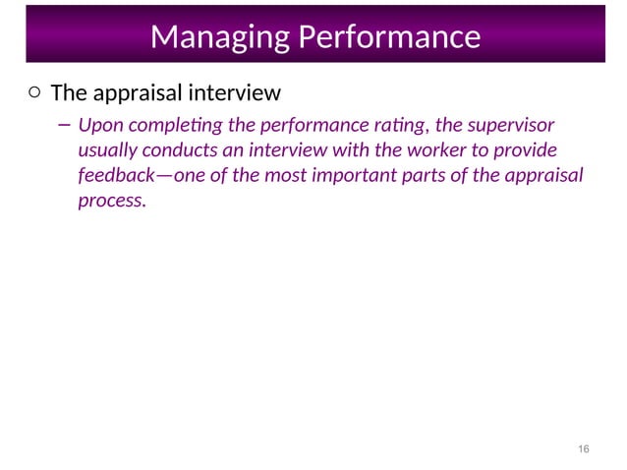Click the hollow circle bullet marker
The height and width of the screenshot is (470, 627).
(x=33, y=93)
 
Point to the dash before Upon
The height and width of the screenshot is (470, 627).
(x=63, y=125)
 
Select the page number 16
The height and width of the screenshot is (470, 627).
(x=584, y=448)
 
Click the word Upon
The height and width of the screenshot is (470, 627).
(x=98, y=126)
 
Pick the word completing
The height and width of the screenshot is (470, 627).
(x=165, y=126)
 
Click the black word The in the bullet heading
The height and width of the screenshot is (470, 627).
(x=68, y=93)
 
